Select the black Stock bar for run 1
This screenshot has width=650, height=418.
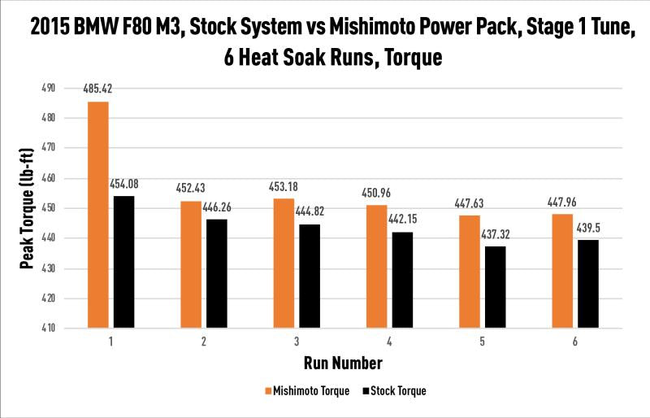[123, 262]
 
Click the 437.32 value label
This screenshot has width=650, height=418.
[496, 235]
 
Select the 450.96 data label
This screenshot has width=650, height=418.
[376, 194]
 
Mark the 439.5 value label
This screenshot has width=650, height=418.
[588, 229]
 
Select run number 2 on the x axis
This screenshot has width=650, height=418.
[203, 342]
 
